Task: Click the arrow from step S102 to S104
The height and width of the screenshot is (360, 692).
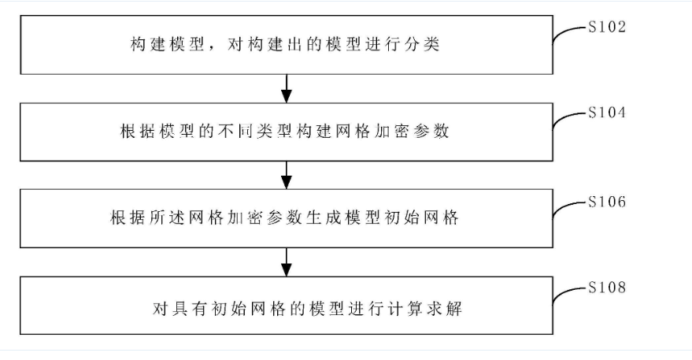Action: pos(287,87)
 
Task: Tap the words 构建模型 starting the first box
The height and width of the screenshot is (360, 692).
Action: pos(165,45)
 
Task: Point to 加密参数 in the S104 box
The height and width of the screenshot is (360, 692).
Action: pos(420,132)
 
